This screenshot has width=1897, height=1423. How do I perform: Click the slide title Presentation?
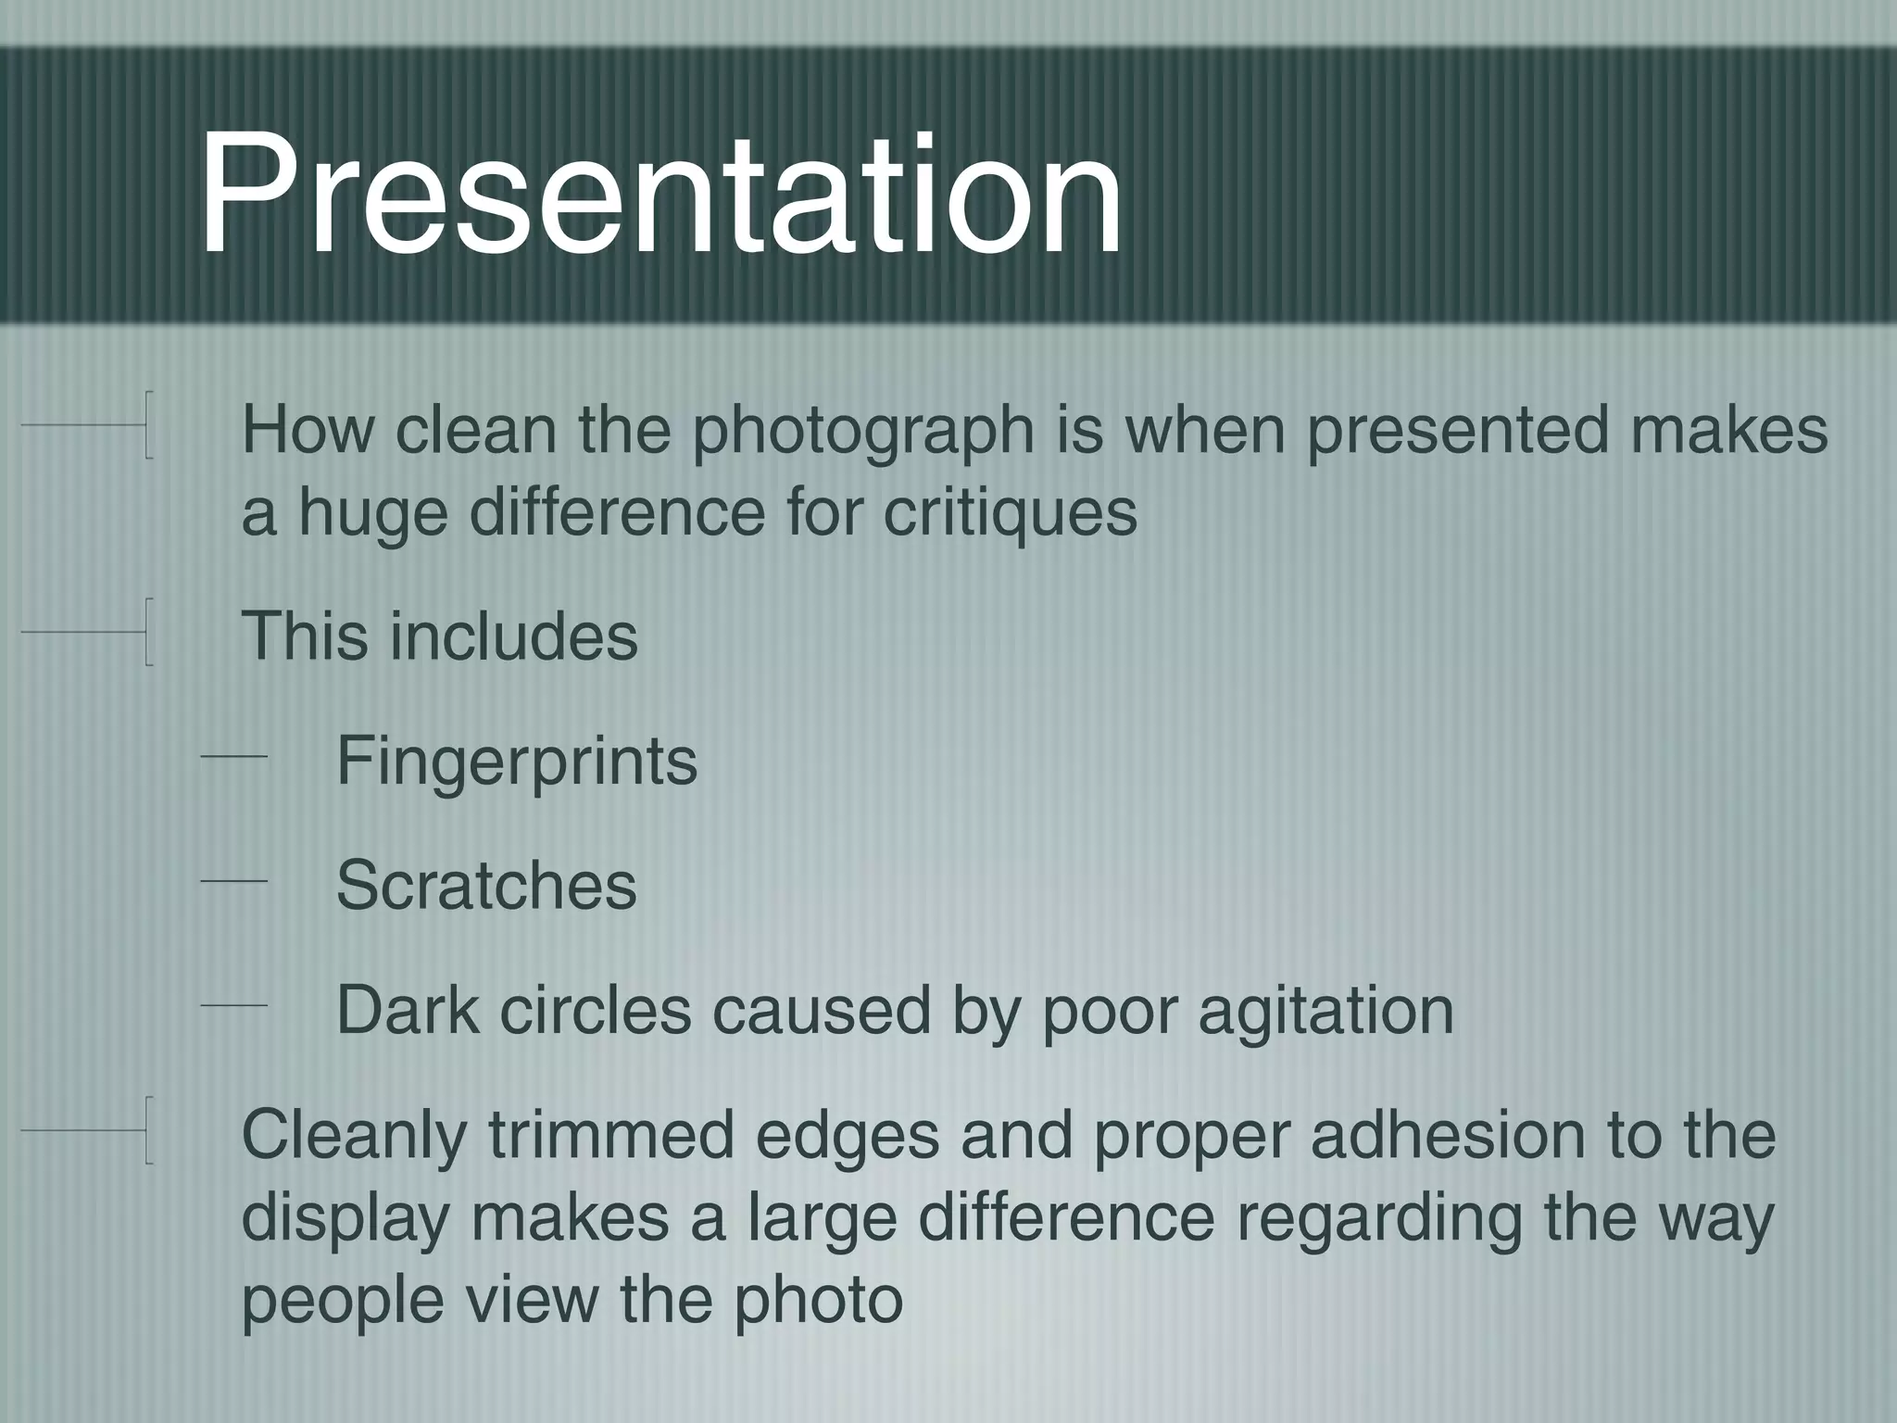click(x=660, y=195)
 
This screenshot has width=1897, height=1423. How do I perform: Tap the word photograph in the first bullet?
click(x=863, y=432)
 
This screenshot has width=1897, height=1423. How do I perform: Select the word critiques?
click(x=1010, y=512)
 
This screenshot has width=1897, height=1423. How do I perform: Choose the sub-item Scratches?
click(x=486, y=885)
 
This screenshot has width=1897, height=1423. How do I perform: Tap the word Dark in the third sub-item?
click(x=408, y=1009)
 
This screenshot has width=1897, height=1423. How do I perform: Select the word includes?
click(x=514, y=636)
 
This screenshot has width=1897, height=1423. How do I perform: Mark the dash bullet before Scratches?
click(x=233, y=882)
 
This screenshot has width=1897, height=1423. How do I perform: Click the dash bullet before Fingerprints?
click(x=233, y=758)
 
